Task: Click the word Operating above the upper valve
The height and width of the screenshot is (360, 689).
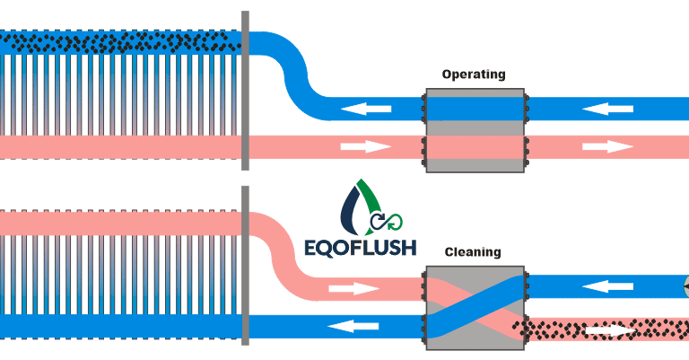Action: click(x=474, y=75)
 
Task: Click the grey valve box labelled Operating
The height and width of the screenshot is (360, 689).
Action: click(x=474, y=130)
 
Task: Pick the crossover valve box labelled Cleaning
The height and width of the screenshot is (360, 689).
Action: click(x=474, y=307)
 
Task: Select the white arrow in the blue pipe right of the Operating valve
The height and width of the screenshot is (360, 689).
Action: click(x=608, y=110)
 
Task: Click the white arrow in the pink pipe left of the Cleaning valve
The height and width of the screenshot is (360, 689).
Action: click(x=353, y=289)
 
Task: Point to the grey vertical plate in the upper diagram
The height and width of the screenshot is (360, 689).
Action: click(x=245, y=90)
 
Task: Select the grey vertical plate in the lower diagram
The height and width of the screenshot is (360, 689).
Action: click(x=245, y=265)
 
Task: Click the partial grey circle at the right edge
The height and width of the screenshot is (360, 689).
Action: click(x=685, y=287)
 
